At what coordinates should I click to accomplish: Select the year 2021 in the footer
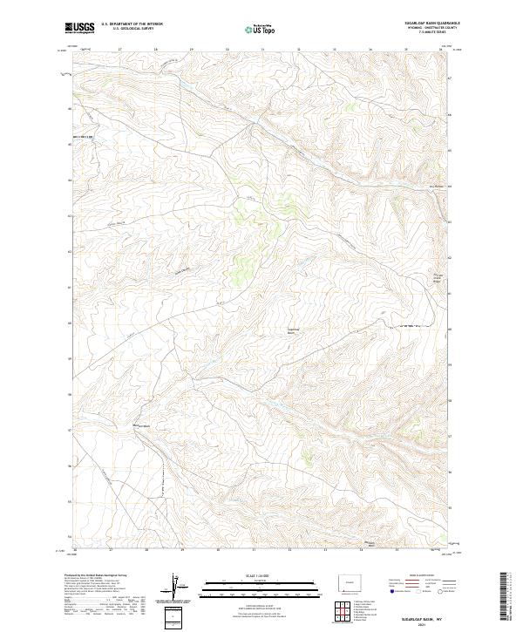click(423, 624)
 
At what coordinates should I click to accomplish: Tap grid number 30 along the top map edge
click(227, 51)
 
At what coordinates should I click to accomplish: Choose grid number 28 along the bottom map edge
click(146, 551)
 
